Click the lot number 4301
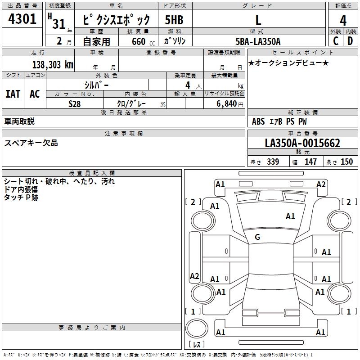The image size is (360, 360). click(22, 20)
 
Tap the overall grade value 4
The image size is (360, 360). click(343, 20)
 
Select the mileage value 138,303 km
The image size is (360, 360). click(53, 64)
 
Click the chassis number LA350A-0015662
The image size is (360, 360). click(302, 144)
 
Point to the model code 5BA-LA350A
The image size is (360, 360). click(258, 41)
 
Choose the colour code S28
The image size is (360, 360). click(74, 103)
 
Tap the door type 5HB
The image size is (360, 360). click(174, 20)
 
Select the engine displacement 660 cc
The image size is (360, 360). click(135, 41)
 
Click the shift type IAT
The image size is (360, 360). click(13, 94)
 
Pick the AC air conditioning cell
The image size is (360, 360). click(35, 94)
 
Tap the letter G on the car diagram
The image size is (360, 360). click(257, 237)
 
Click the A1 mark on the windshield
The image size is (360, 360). click(290, 216)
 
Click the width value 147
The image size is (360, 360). click(310, 162)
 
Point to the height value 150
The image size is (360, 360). click(346, 162)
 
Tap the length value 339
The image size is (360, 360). click(273, 162)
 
